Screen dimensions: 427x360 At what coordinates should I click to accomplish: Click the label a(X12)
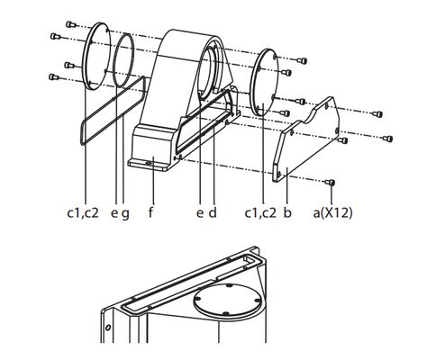point(332,213)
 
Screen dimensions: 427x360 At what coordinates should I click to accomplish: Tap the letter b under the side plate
point(287,212)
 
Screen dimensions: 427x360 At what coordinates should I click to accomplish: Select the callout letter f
point(150,212)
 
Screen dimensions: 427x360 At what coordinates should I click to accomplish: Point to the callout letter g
point(125,214)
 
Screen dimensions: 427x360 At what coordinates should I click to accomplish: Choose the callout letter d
point(213,212)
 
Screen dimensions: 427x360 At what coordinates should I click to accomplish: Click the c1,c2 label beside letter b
point(260,213)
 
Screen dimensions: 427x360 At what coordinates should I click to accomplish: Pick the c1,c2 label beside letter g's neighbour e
point(83,213)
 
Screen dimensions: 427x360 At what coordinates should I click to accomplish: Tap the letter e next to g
point(114,213)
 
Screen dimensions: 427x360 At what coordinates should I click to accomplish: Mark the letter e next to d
point(200,213)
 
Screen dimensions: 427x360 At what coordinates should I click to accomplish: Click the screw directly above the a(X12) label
point(331,182)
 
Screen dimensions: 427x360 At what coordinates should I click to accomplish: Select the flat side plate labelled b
point(306,139)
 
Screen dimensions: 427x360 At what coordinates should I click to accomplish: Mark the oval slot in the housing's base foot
point(148,163)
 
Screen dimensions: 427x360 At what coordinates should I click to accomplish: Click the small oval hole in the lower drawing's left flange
point(108,328)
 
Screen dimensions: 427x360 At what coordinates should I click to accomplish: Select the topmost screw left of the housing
point(70,24)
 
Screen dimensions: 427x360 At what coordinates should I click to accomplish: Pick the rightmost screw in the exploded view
point(387,139)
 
